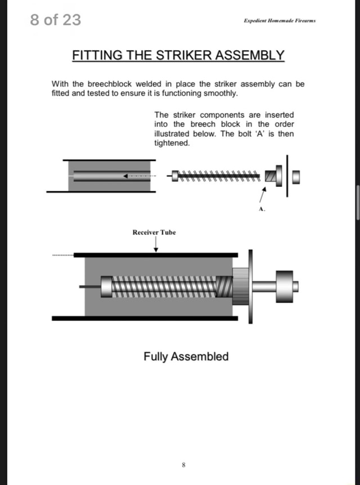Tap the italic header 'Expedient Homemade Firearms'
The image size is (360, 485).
coord(279,20)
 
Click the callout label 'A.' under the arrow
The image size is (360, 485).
coord(262,209)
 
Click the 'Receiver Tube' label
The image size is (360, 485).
coord(154,232)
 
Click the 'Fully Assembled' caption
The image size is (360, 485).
coord(186,357)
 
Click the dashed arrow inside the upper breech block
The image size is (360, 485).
coord(138,176)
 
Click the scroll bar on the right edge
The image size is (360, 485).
coord(358,203)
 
